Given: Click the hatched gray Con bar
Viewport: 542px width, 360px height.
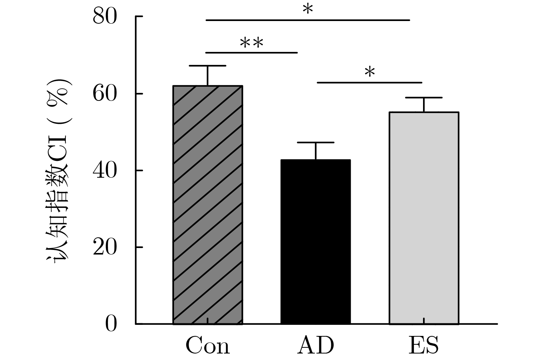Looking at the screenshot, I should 208,205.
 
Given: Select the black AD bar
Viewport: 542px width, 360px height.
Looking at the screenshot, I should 316,242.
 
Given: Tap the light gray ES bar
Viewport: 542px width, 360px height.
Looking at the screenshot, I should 424,218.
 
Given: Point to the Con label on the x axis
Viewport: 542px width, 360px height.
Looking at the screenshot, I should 208,345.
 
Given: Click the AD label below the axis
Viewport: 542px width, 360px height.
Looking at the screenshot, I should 316,345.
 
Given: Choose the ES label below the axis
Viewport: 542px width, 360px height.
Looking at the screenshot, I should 423,345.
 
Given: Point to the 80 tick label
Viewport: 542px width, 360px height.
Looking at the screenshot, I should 104,17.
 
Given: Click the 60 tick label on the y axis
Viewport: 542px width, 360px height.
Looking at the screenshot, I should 104,94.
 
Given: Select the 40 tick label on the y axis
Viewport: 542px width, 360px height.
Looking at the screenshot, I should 104,170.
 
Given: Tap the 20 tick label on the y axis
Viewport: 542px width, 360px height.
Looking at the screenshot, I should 104,247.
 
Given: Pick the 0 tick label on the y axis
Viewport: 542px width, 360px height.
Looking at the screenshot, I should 111,324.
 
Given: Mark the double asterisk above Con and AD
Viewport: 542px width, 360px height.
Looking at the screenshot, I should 252,43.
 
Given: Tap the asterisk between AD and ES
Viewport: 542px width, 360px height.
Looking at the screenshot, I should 369,72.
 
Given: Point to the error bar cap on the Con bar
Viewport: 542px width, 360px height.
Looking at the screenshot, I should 208,66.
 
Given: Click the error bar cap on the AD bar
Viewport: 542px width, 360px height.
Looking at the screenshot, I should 316,143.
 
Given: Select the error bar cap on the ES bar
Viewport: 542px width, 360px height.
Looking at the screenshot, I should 424,98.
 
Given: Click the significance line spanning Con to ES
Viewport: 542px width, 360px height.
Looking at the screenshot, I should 308,20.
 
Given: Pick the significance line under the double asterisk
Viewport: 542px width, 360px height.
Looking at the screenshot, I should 252,52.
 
